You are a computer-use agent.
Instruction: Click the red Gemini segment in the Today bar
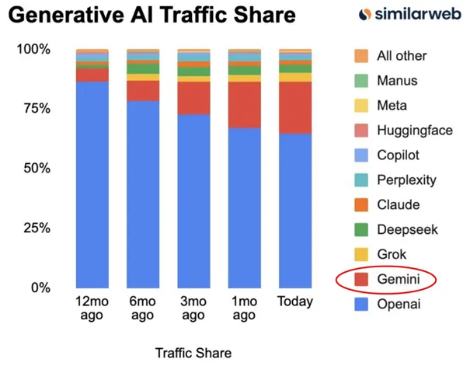[x=295, y=107]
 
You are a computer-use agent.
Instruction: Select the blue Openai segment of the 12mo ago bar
[x=92, y=185]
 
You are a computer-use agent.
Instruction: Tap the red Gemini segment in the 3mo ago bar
[x=193, y=99]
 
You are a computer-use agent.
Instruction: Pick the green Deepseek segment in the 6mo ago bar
[x=143, y=68]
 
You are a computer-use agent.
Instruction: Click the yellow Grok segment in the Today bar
[x=295, y=78]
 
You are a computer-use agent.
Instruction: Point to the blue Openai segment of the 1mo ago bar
[x=245, y=208]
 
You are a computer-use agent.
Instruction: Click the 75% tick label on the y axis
[x=37, y=109]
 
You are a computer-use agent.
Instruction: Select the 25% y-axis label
[x=37, y=228]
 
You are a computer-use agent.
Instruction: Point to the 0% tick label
[x=40, y=288]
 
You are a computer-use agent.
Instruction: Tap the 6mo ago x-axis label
[x=143, y=308]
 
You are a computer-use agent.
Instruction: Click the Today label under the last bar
[x=295, y=302]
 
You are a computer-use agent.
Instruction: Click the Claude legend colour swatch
[x=361, y=204]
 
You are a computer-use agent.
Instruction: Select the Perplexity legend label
[x=407, y=180]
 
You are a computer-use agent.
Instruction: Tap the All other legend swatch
[x=361, y=56]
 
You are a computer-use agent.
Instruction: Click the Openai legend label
[x=399, y=305]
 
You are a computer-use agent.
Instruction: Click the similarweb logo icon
[x=365, y=15]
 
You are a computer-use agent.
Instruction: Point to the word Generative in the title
[x=66, y=15]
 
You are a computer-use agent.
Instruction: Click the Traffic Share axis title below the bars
[x=193, y=353]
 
